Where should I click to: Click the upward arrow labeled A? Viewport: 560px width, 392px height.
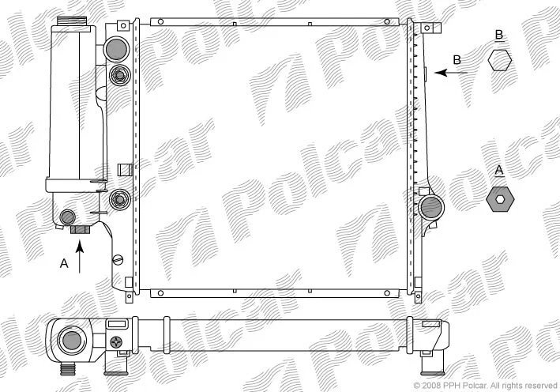(80, 257)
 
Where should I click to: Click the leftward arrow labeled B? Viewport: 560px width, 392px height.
(451, 73)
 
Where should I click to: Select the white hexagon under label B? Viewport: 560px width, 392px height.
(500, 60)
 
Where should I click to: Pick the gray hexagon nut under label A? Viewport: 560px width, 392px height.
(500, 199)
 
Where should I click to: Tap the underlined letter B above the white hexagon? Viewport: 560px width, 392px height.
(499, 36)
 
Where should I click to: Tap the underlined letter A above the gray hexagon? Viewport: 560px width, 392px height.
(499, 171)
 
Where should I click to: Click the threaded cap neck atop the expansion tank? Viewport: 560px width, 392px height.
(72, 21)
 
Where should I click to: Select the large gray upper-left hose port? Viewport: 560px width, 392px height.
(116, 49)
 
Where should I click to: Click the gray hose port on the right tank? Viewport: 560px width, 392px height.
(431, 207)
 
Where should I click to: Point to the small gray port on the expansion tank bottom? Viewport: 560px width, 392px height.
(67, 217)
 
